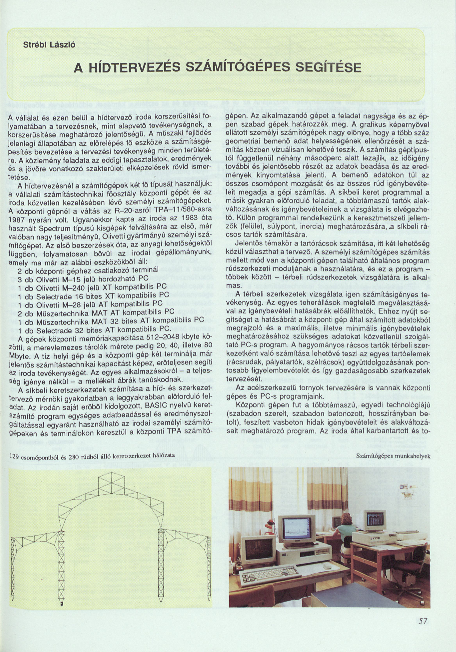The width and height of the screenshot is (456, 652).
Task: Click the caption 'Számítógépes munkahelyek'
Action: tap(393, 456)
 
